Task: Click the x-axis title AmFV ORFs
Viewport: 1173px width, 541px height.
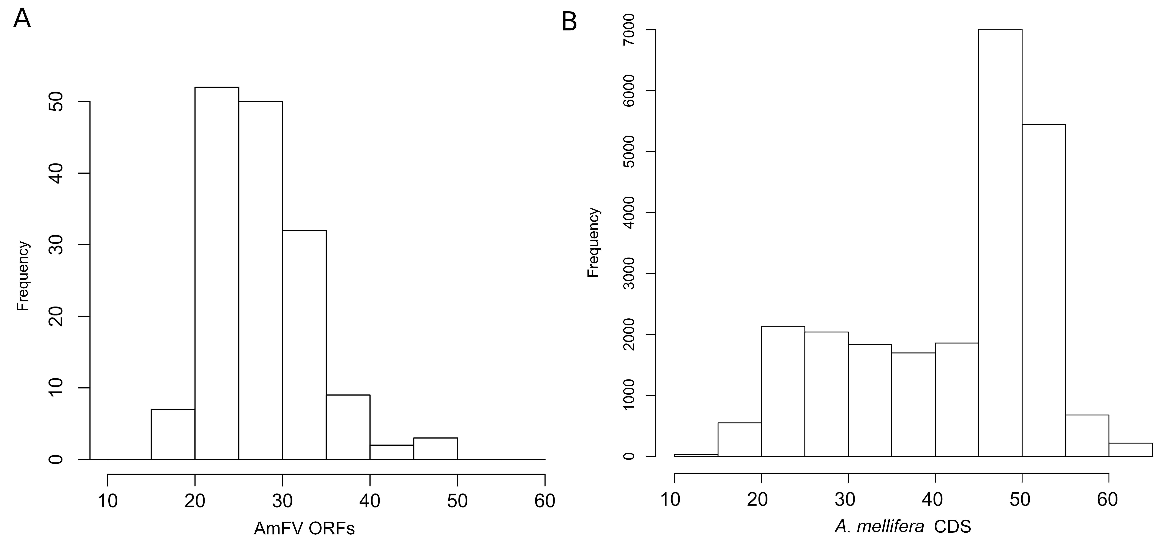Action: [304, 528]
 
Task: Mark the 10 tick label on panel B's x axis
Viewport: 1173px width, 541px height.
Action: [670, 499]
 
